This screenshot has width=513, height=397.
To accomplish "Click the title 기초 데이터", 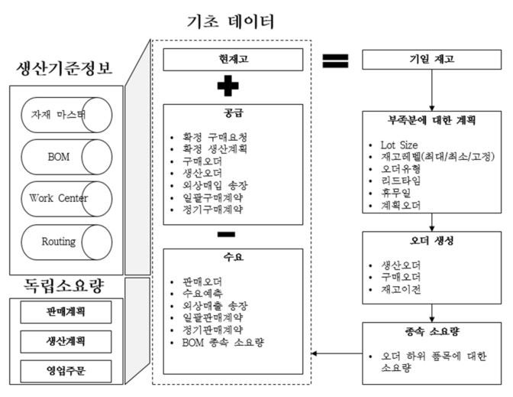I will point(231,21).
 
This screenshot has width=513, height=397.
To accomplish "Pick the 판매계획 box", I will point(65,312).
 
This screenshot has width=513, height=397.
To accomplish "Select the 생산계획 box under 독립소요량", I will point(65,342).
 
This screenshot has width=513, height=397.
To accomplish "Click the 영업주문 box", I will point(65,372).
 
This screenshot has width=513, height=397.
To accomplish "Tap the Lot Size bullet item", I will point(400,144).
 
